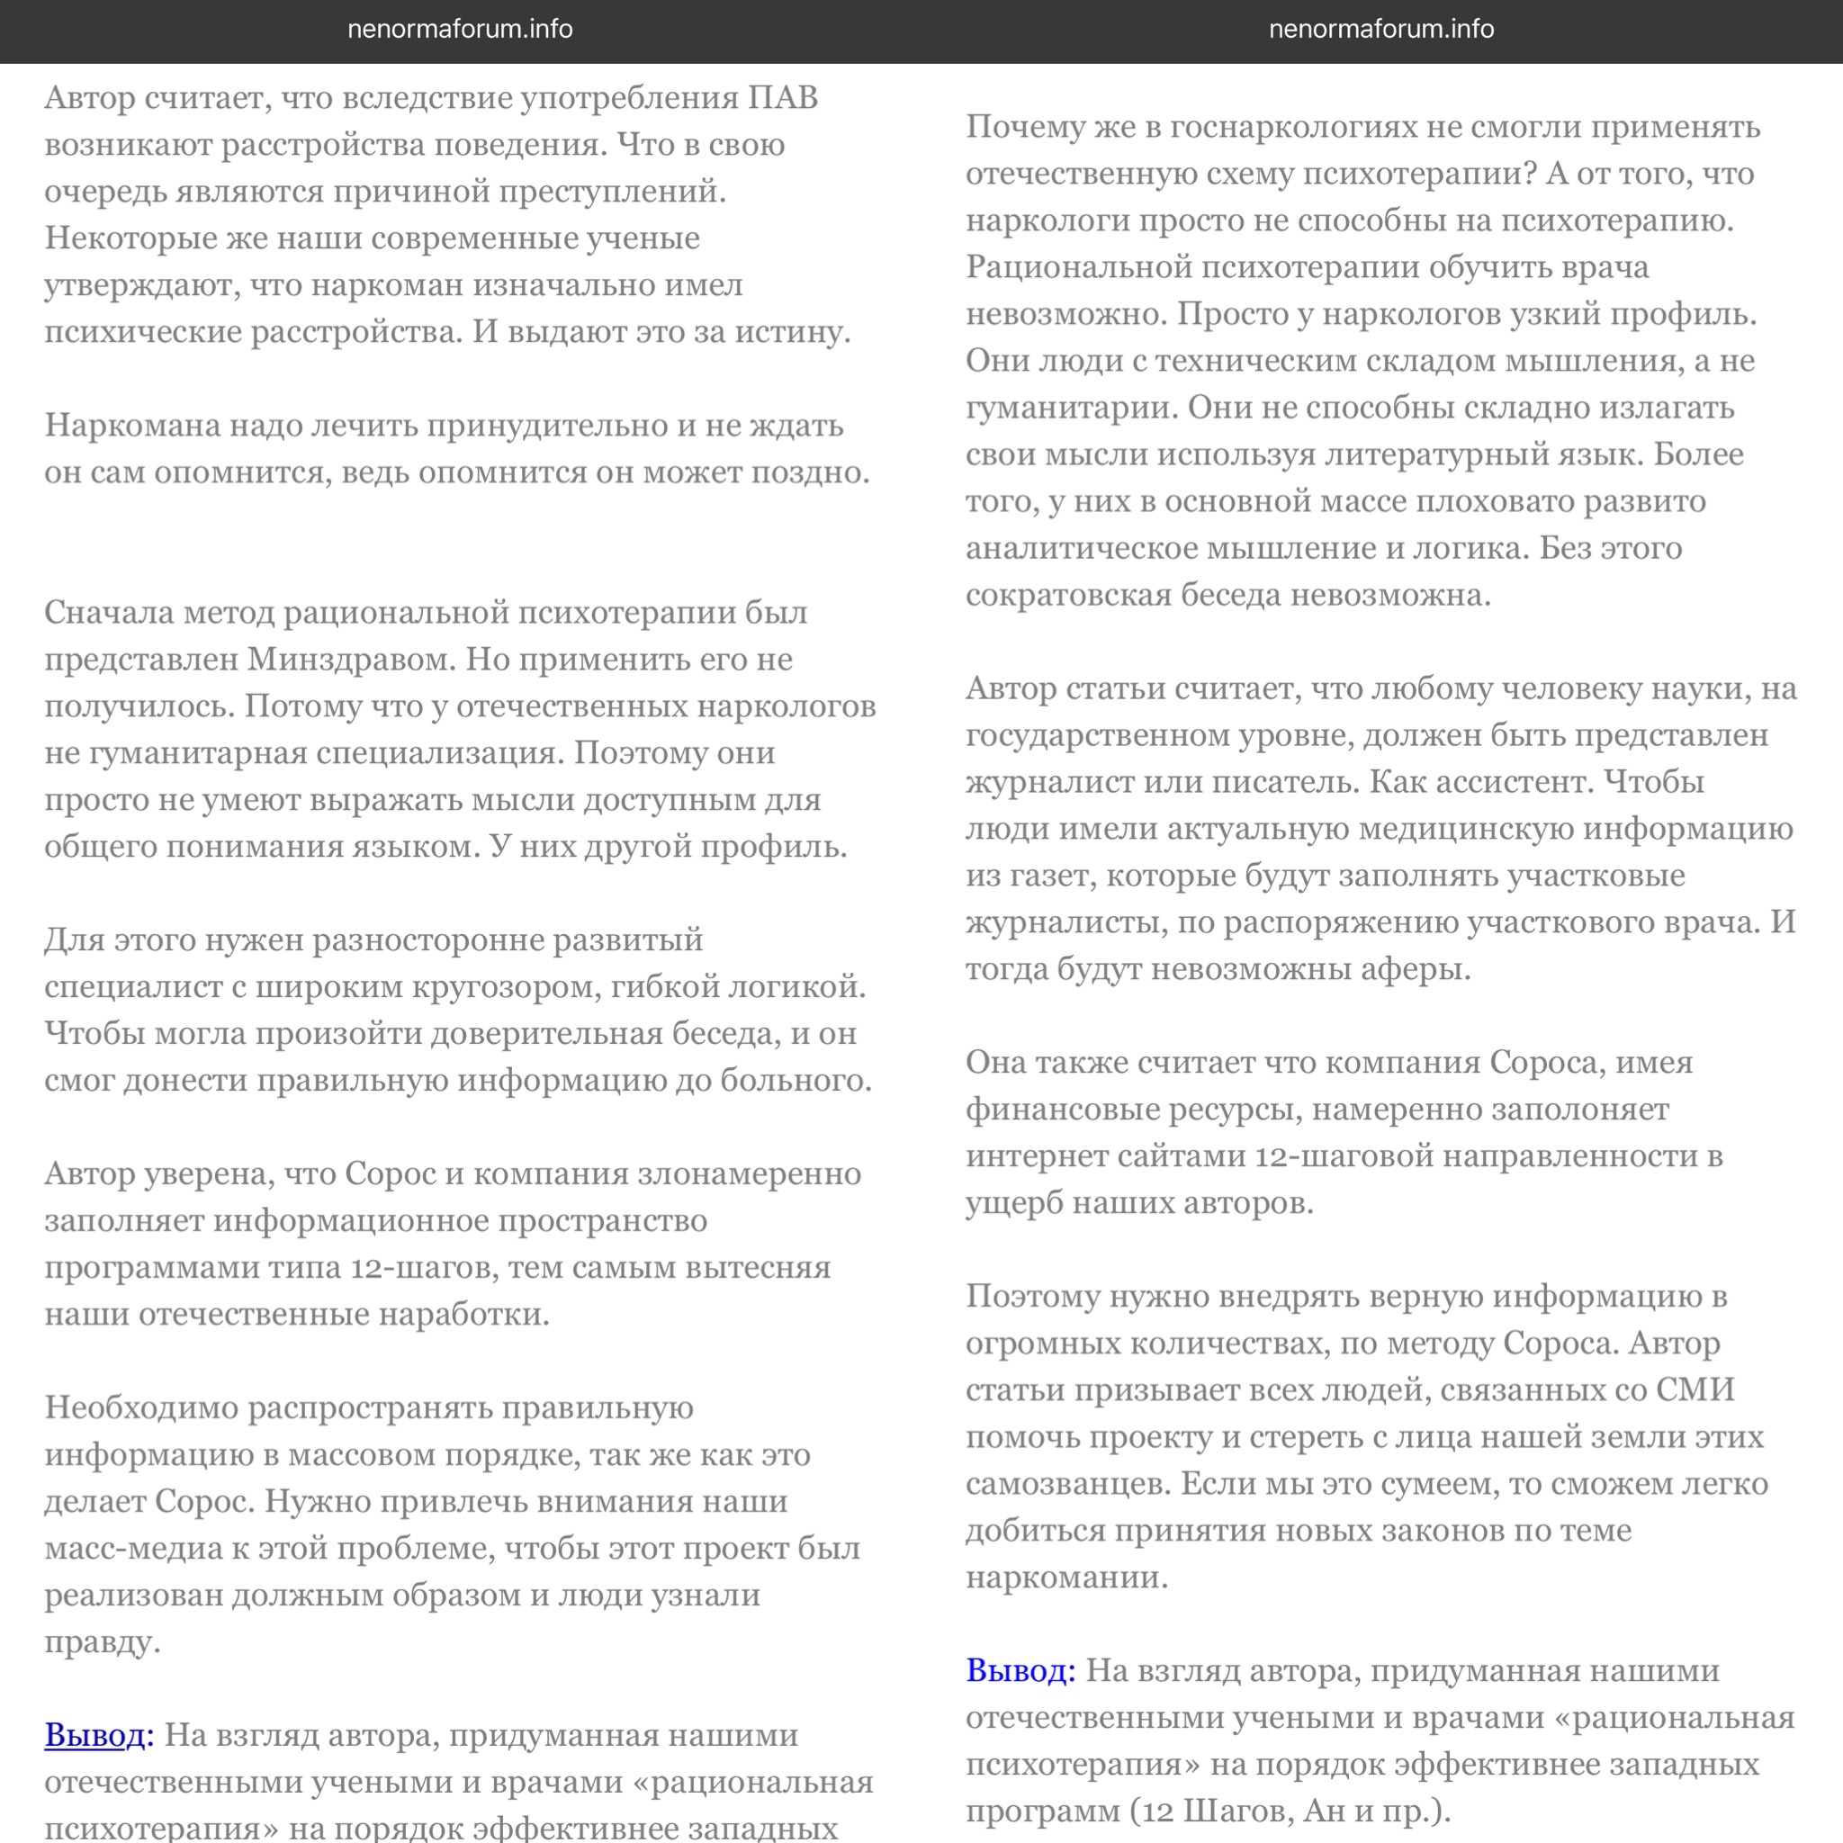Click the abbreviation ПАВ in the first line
(x=782, y=98)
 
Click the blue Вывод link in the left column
(x=98, y=1735)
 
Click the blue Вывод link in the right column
(x=1020, y=1670)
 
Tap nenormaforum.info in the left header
(x=460, y=30)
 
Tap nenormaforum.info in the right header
(x=1381, y=30)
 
